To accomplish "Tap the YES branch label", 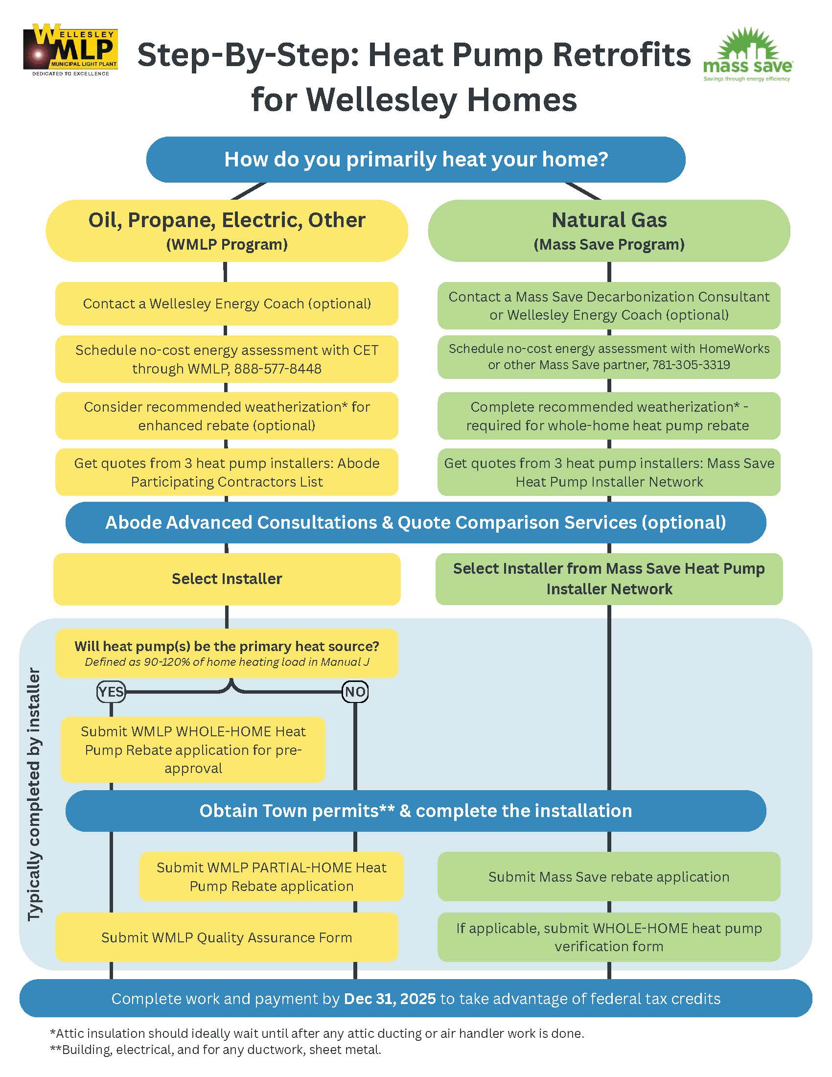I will click(x=111, y=692).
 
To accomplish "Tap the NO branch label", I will click(x=355, y=692).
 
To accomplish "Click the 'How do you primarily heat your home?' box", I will click(x=416, y=159).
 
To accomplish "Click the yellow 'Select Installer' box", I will click(x=227, y=579).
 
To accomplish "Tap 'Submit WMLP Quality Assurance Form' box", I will click(x=227, y=937).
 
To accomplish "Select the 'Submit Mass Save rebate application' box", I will click(x=609, y=877).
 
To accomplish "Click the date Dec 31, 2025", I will click(x=390, y=999).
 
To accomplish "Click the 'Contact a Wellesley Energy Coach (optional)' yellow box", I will click(x=227, y=304).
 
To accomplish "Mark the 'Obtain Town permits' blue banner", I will click(x=416, y=811).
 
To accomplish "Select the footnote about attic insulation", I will click(x=317, y=1033).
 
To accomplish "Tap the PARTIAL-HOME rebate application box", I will click(x=271, y=877).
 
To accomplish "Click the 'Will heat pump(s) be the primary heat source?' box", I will click(x=227, y=653).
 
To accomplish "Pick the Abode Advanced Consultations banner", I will click(x=416, y=523).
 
